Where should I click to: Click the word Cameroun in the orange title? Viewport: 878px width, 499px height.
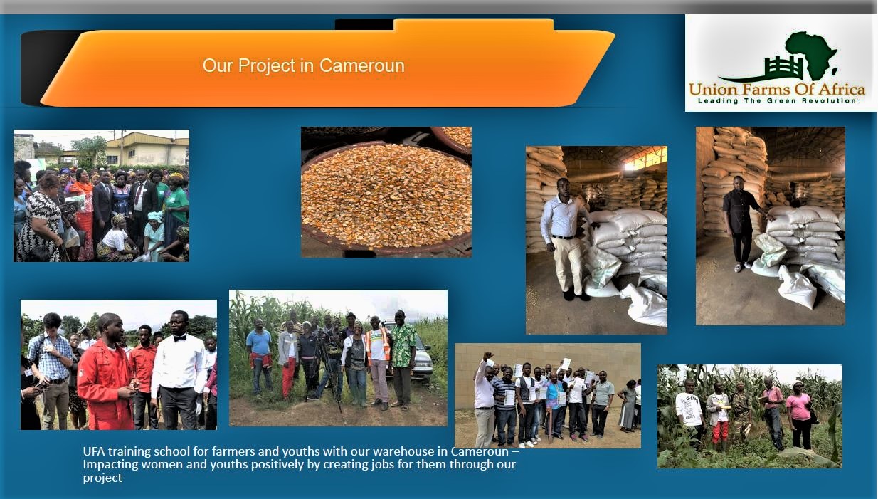click(x=361, y=65)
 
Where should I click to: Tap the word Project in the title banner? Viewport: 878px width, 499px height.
click(x=267, y=66)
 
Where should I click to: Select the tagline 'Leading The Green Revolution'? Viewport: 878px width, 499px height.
click(x=777, y=101)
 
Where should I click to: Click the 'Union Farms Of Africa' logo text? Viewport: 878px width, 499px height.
click(x=777, y=90)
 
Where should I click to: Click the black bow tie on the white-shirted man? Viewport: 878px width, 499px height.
click(x=180, y=337)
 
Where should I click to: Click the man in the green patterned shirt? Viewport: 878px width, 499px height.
click(x=403, y=359)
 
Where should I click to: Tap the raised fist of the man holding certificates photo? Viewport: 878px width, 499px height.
click(x=487, y=355)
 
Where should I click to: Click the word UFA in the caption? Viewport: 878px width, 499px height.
click(x=94, y=451)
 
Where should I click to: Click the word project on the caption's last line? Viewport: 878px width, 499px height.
click(x=102, y=478)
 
